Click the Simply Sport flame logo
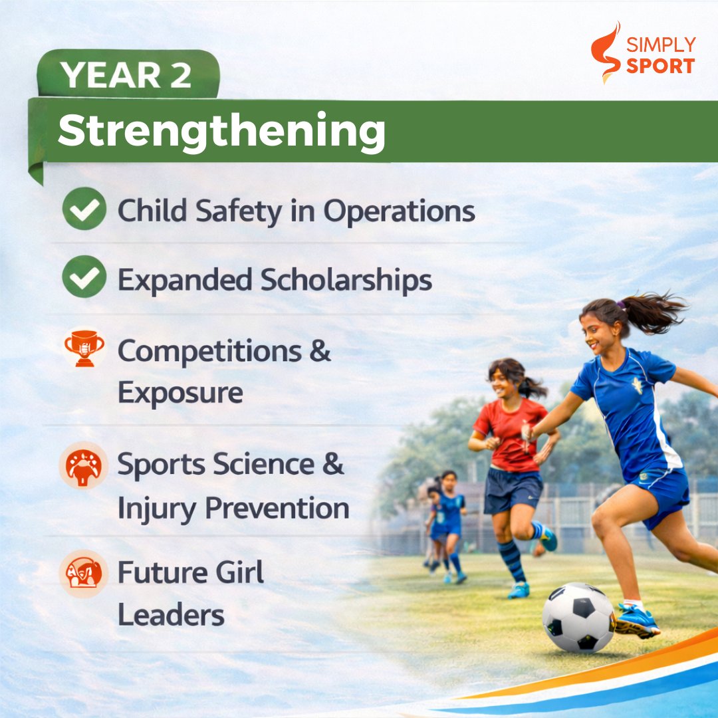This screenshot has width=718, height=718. coord(605,52)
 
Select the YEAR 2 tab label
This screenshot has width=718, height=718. coord(126,75)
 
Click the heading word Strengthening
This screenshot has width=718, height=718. coord(221,131)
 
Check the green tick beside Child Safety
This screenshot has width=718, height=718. coord(84,209)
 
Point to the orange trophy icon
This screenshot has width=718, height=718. coord(84,348)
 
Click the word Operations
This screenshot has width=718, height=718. coord(399,211)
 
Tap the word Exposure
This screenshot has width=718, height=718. coord(180,393)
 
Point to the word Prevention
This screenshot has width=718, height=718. coord(277,509)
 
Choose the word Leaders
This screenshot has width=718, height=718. coord(171,615)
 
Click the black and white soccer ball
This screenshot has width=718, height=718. coord(578,618)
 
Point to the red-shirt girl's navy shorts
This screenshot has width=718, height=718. coord(512,490)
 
